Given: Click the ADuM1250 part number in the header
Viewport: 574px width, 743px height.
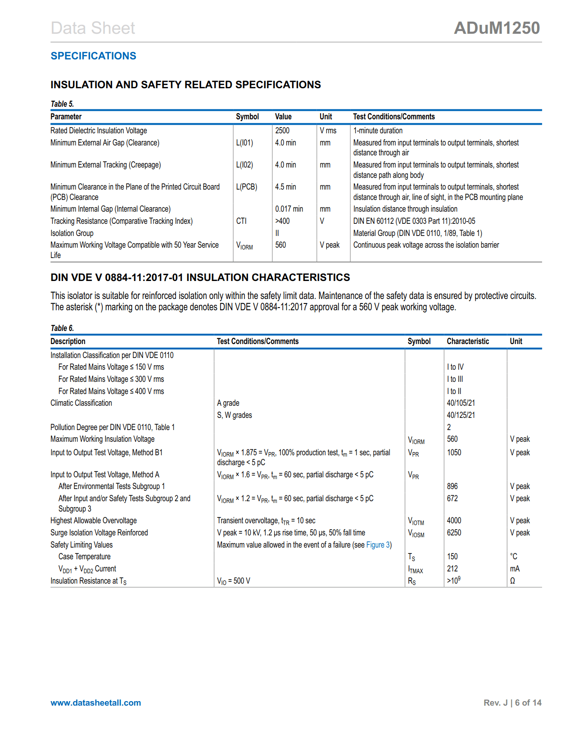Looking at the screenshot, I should [497, 28].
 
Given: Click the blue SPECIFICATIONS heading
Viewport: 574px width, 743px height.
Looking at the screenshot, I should [93, 56].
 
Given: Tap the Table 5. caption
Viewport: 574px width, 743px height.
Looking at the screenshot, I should [62, 104].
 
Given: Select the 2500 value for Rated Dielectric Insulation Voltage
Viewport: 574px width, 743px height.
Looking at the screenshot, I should [282, 131].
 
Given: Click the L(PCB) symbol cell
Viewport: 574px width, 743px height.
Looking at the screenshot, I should [246, 187].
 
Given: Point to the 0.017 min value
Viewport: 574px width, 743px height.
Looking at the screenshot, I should [289, 209].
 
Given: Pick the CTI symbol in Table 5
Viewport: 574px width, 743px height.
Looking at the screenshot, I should [241, 221].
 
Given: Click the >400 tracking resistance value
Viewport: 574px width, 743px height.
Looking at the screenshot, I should [282, 221].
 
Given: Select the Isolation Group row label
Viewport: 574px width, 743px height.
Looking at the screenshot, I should [72, 233].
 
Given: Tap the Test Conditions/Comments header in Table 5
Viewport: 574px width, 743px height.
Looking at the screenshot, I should [394, 117].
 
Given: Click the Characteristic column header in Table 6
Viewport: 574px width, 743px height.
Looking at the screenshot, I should [468, 341].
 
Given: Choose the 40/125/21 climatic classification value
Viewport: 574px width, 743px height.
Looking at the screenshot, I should [461, 415].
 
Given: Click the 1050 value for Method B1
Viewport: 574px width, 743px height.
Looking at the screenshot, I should [454, 453].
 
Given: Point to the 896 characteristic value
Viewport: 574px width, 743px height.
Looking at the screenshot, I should [452, 486].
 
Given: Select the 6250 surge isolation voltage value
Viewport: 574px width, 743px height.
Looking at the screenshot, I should [454, 533].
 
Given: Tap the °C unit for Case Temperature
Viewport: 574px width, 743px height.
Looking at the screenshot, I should [514, 557].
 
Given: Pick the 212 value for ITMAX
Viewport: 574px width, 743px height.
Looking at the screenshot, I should [452, 569].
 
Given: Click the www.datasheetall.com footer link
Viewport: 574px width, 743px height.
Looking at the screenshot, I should [96, 703].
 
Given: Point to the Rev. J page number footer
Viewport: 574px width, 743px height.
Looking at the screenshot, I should [512, 703].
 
